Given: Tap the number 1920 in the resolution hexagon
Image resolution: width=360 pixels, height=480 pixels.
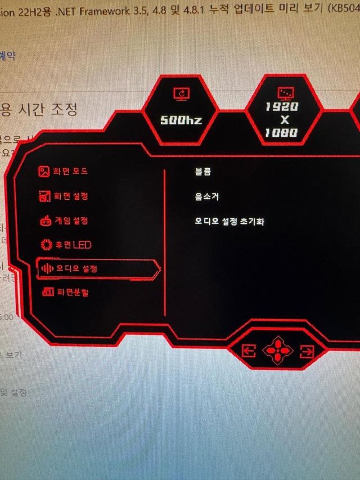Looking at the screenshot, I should pyautogui.click(x=282, y=107).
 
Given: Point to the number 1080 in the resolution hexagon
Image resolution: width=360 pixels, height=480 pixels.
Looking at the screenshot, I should pyautogui.click(x=282, y=133).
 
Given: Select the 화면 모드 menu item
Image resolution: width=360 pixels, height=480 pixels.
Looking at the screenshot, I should pyautogui.click(x=70, y=171).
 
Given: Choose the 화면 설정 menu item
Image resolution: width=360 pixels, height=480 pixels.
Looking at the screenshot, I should pyautogui.click(x=70, y=196).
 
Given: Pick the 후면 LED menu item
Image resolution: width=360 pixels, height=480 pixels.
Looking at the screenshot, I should pyautogui.click(x=73, y=245).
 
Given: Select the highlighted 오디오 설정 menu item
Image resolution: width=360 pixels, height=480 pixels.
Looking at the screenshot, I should pyautogui.click(x=76, y=268).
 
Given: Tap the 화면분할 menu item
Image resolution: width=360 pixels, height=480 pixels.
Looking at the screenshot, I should pyautogui.click(x=73, y=292).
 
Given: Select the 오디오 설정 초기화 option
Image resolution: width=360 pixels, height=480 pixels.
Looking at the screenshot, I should pyautogui.click(x=229, y=222).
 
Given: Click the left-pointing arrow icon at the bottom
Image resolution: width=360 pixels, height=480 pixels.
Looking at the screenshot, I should pyautogui.click(x=248, y=352).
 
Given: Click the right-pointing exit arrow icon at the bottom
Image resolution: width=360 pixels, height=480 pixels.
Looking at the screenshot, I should pyautogui.click(x=307, y=352).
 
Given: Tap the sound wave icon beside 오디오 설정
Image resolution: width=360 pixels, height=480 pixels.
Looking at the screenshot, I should pyautogui.click(x=45, y=268).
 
